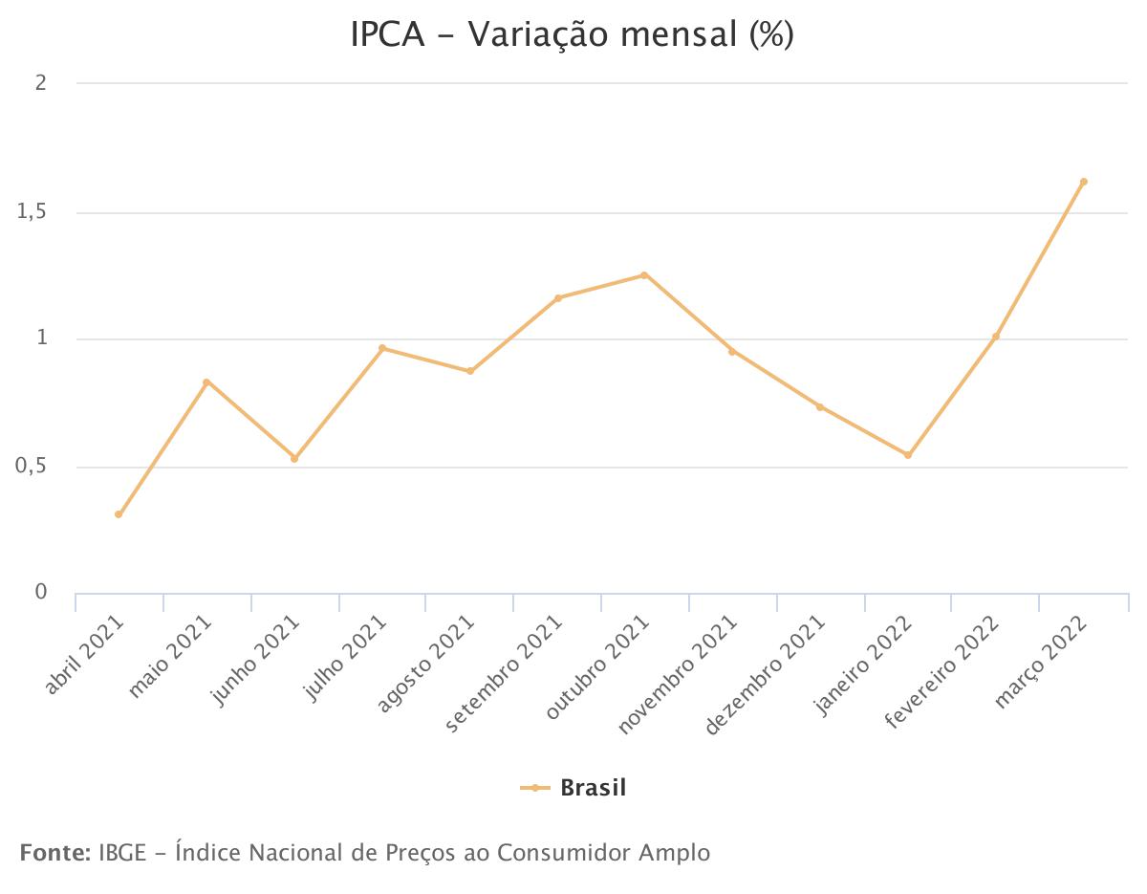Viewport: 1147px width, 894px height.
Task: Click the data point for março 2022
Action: point(1083,182)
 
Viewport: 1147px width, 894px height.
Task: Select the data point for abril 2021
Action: point(119,514)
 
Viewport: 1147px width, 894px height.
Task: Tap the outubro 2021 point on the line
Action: point(644,275)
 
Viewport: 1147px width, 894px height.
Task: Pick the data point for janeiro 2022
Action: point(908,455)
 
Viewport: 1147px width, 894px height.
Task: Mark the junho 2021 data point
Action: point(294,459)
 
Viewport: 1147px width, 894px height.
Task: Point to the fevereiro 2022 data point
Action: point(995,337)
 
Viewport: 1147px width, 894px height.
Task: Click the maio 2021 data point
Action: point(206,382)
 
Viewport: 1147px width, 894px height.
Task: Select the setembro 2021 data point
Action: point(558,298)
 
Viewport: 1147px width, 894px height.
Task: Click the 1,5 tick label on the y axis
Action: point(32,212)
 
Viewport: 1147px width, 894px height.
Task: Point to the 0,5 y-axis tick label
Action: point(32,468)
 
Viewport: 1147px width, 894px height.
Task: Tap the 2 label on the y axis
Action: point(41,83)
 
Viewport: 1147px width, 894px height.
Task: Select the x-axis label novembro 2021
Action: point(679,675)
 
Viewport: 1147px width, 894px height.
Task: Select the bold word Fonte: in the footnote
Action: point(54,852)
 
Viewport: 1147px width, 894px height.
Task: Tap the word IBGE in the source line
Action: point(120,852)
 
